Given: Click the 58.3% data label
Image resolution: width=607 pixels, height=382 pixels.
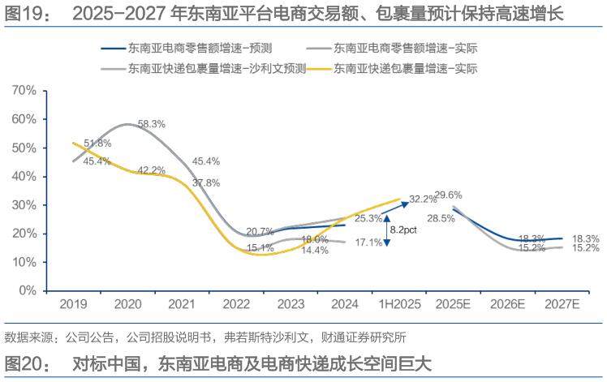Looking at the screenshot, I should (x=152, y=124).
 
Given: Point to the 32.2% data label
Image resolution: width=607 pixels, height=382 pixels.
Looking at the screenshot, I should (x=423, y=199).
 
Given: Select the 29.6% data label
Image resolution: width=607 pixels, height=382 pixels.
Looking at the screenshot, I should (x=448, y=195).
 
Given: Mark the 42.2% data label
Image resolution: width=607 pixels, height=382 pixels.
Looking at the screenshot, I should (x=152, y=170).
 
